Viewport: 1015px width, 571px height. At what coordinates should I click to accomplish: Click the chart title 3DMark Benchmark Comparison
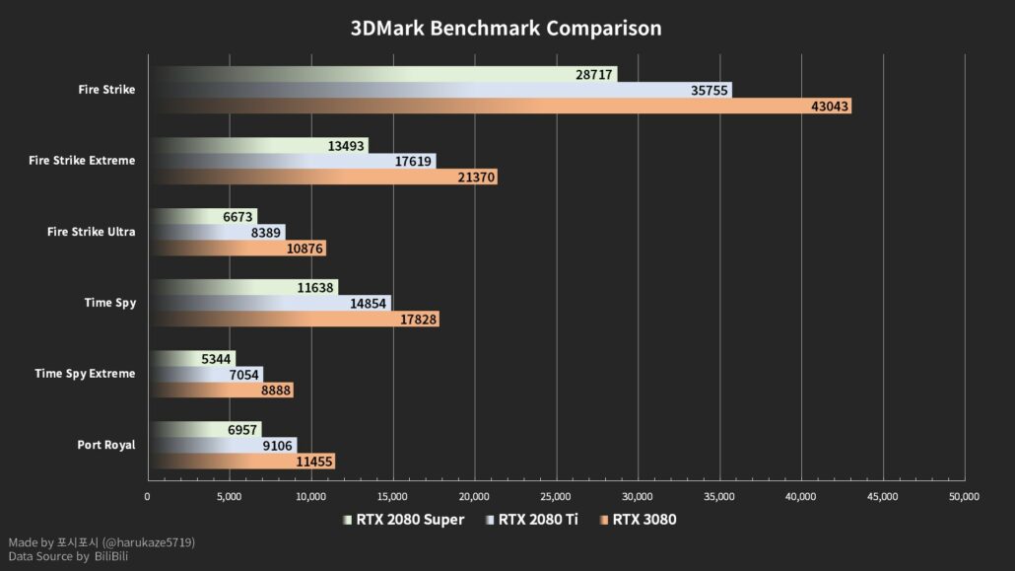click(x=507, y=29)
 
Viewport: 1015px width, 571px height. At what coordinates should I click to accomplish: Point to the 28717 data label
click(x=594, y=75)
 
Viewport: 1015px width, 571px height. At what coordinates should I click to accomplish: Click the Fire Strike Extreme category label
click(x=83, y=161)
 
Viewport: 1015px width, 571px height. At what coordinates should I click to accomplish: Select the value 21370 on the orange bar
click(x=474, y=178)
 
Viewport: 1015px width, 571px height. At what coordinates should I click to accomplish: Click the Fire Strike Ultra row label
click(x=91, y=232)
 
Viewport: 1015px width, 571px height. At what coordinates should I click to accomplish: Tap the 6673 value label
click(x=238, y=217)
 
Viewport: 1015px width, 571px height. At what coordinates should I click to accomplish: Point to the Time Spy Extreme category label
click(x=85, y=374)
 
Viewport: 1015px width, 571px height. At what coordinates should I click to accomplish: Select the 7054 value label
click(x=239, y=375)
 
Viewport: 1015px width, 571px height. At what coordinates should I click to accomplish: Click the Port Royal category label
click(x=106, y=445)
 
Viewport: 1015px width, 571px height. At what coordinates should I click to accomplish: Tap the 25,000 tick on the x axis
click(x=557, y=497)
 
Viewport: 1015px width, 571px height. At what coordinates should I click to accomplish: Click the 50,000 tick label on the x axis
click(x=964, y=497)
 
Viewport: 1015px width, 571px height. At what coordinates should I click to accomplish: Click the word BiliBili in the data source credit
click(x=111, y=557)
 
